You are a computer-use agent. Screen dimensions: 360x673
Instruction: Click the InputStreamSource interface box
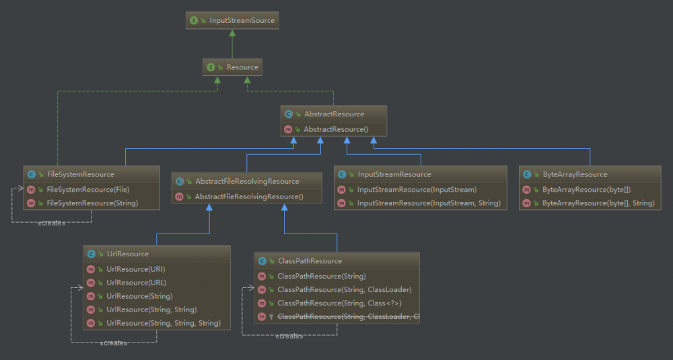tap(232, 21)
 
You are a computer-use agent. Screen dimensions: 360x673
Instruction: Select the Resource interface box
tap(232, 67)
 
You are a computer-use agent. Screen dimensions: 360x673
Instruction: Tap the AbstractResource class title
tap(334, 114)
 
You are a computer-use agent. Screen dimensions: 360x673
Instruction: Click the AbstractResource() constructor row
tap(335, 129)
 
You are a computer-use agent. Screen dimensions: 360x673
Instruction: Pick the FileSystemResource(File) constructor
tap(87, 189)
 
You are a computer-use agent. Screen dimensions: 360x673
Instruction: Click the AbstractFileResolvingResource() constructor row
tap(249, 196)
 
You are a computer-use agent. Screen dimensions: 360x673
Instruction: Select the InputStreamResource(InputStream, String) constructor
tap(429, 203)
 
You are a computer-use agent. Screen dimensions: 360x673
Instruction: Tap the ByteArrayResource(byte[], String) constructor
tap(598, 203)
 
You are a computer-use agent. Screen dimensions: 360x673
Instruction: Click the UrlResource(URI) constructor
tap(135, 269)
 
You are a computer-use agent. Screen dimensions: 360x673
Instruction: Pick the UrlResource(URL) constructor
tap(136, 283)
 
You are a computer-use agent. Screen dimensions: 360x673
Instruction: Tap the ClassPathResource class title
tap(310, 260)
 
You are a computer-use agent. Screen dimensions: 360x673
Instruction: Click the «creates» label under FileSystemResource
tap(52, 223)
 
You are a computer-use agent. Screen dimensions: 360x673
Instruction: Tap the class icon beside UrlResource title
tap(92, 254)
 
